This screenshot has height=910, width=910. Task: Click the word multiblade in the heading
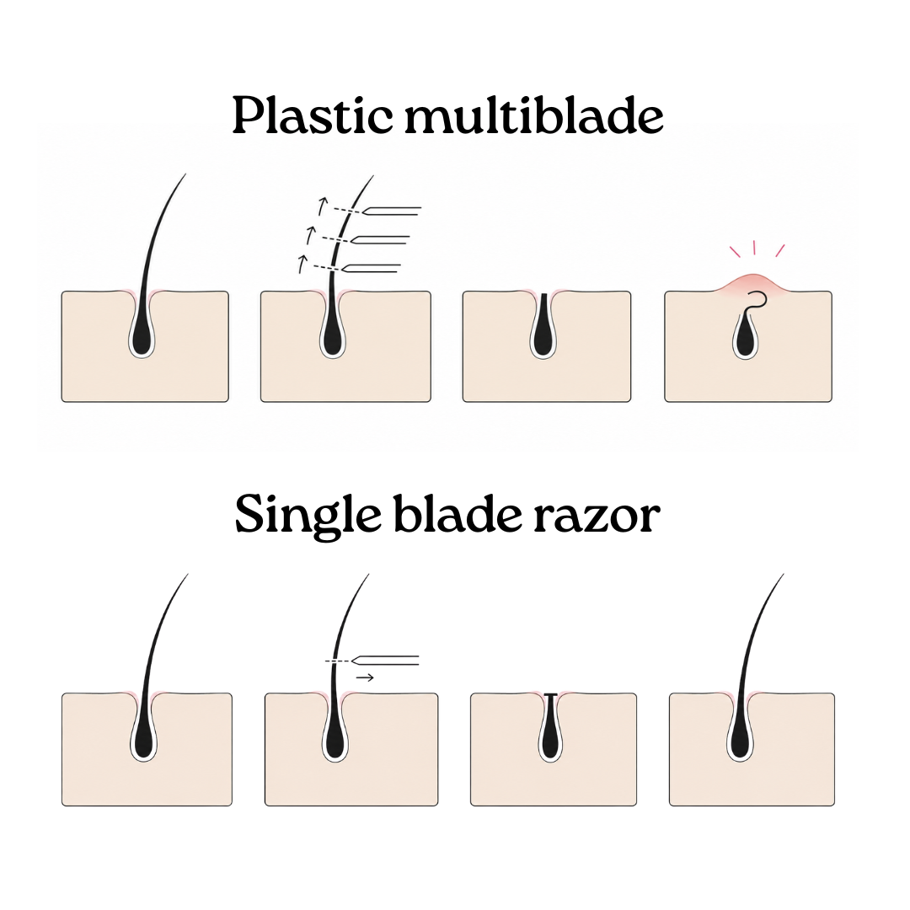pyautogui.click(x=534, y=115)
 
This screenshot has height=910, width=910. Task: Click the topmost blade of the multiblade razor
pyautogui.click(x=392, y=211)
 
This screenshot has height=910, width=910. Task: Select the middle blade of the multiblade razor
pyautogui.click(x=379, y=239)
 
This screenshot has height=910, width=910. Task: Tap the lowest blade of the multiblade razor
pyautogui.click(x=372, y=268)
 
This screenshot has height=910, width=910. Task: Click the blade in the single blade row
pyautogui.click(x=385, y=661)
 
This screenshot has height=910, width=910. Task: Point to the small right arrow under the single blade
pyautogui.click(x=365, y=677)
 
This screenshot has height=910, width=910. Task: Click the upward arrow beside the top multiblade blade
pyautogui.click(x=322, y=206)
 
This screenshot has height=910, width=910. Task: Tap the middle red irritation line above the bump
pyautogui.click(x=754, y=248)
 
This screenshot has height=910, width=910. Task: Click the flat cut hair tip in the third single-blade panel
pyautogui.click(x=549, y=694)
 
